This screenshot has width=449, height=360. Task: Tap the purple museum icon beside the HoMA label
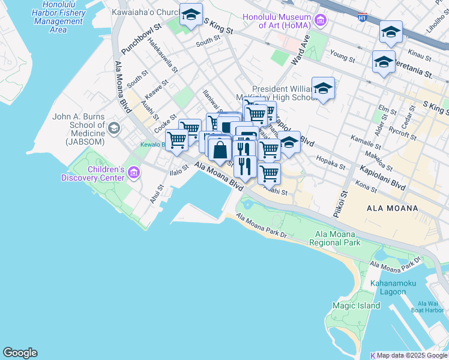pyautogui.click(x=320, y=22)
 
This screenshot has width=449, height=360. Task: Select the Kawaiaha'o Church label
pyautogui.click(x=142, y=12)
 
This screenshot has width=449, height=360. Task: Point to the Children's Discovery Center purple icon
pyautogui.click(x=134, y=173)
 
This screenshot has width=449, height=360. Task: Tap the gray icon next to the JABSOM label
pyautogui.click(x=114, y=128)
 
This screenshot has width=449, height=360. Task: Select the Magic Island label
pyautogui.click(x=356, y=305)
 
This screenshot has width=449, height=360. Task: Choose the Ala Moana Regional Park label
pyautogui.click(x=334, y=238)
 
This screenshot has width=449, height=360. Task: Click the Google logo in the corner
pyautogui.click(x=20, y=353)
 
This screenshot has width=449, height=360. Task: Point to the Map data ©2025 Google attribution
pyautogui.click(x=412, y=355)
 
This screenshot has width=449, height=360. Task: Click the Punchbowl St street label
pyautogui.click(x=142, y=38)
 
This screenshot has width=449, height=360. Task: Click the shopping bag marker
pyautogui.click(x=220, y=149)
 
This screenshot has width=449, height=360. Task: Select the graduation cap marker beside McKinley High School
pyautogui.click(x=323, y=88)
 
